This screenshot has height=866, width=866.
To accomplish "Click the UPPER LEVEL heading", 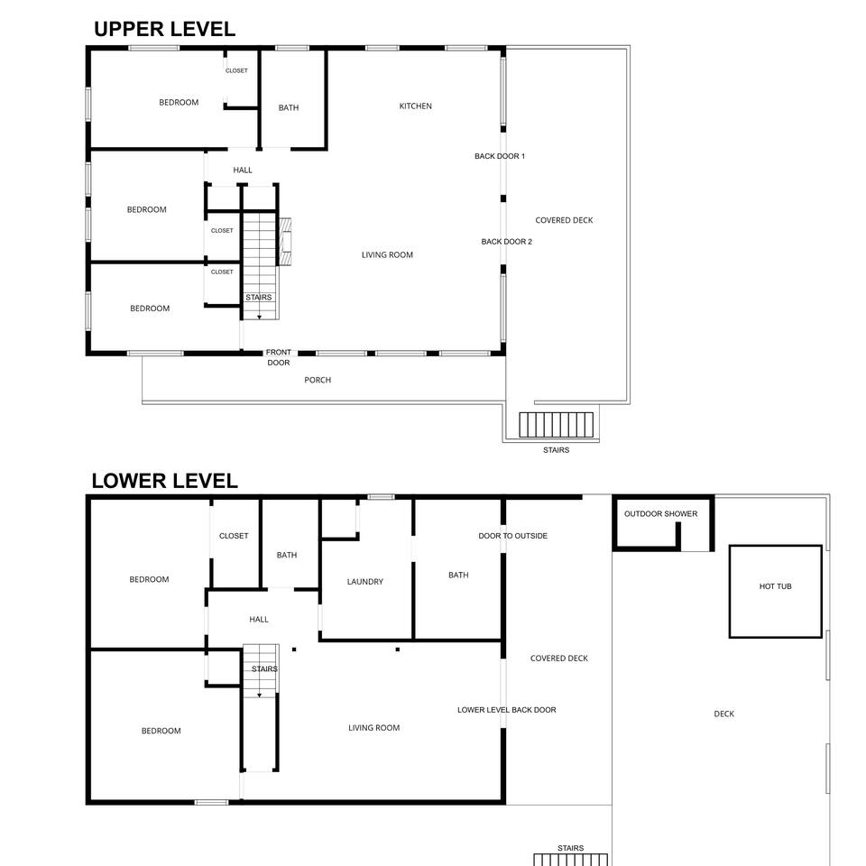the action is point(164,29).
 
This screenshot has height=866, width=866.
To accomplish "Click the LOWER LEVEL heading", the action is point(164,481).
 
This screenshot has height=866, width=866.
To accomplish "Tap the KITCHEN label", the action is point(415,106).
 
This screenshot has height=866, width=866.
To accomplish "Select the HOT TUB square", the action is point(776,592).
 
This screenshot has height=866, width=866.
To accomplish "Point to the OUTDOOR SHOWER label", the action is point(660,513).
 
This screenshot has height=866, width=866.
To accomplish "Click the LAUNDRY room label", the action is point(365,582).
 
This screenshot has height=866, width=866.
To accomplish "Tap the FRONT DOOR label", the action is point(279,357).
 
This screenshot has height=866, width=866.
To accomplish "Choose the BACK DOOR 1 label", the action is point(500,156).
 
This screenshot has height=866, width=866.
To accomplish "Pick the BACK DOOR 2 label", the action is point(506,242).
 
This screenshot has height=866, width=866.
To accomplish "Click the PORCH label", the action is point(318,380).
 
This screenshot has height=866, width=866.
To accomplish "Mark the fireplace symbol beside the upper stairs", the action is point(285,242).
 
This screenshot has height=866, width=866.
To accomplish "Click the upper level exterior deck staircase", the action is point(557,425).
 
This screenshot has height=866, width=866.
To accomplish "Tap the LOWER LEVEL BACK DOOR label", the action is point(506,710).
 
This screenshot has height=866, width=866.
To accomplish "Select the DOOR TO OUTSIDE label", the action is point(513,536).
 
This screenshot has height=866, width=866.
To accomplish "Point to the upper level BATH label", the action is point(289,107).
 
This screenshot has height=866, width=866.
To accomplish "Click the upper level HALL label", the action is point(243,170).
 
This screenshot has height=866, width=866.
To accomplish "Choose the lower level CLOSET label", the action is point(234,536).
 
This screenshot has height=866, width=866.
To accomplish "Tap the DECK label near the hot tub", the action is point(724,714).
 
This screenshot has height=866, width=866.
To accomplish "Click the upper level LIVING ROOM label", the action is point(387,254).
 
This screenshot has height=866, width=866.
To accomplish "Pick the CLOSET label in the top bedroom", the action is point(236,70).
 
